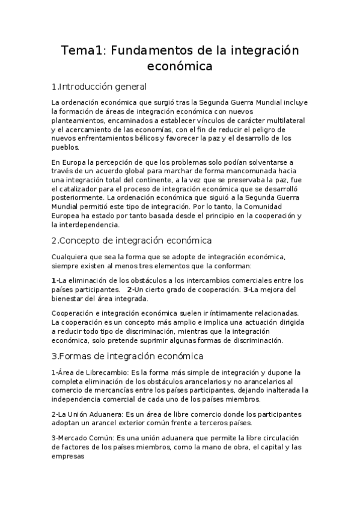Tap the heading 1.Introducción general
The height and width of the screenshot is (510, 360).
pyautogui.click(x=99, y=86)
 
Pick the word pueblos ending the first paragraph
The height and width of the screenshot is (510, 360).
pyautogui.click(x=65, y=147)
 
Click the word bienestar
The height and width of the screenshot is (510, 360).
pyautogui.click(x=71, y=298)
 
